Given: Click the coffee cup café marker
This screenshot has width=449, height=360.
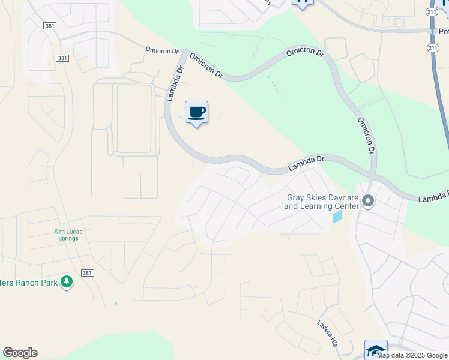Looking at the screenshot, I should (x=196, y=112).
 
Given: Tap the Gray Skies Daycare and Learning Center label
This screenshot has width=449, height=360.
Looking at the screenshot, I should (x=322, y=202).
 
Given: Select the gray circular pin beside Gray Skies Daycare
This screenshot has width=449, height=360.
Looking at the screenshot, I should (x=368, y=202).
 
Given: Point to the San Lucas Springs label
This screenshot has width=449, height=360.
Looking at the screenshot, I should (x=67, y=235).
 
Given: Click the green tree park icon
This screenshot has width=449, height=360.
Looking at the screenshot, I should (x=67, y=281).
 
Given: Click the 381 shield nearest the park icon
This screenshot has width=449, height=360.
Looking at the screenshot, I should (x=88, y=273).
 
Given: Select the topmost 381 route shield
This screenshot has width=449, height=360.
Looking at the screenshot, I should (x=50, y=26).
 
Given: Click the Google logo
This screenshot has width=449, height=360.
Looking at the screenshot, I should (x=20, y=353).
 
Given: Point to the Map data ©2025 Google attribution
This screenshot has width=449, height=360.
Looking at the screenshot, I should (x=412, y=355).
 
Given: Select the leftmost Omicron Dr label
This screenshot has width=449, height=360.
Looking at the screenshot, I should (x=161, y=50).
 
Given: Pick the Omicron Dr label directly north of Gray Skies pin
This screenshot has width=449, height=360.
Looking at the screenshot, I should (x=366, y=135).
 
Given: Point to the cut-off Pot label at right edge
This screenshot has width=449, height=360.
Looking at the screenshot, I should (x=443, y=31).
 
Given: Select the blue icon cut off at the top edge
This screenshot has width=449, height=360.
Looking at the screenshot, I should (x=302, y=3).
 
